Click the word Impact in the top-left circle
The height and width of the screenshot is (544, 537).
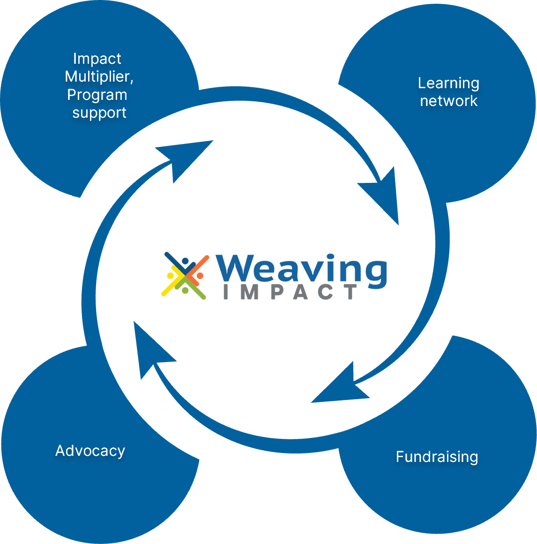coord(97,59)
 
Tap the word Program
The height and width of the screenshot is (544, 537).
coord(97,95)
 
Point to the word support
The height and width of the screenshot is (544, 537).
coord(99,113)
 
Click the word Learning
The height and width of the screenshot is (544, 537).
coord(448,83)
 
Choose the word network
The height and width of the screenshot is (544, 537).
coord(448,101)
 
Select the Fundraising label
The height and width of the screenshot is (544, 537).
coord(437,456)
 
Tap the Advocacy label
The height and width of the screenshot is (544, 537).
coord(90,451)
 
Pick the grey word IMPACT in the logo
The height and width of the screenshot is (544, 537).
coord(291,292)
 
